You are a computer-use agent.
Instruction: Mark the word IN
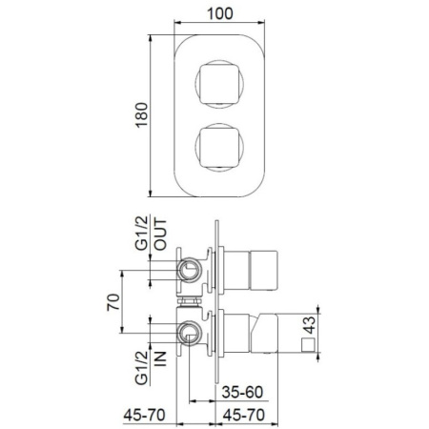point(160,360)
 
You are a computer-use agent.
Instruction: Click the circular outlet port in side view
point(192,273)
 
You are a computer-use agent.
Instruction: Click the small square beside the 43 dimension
point(307,344)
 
